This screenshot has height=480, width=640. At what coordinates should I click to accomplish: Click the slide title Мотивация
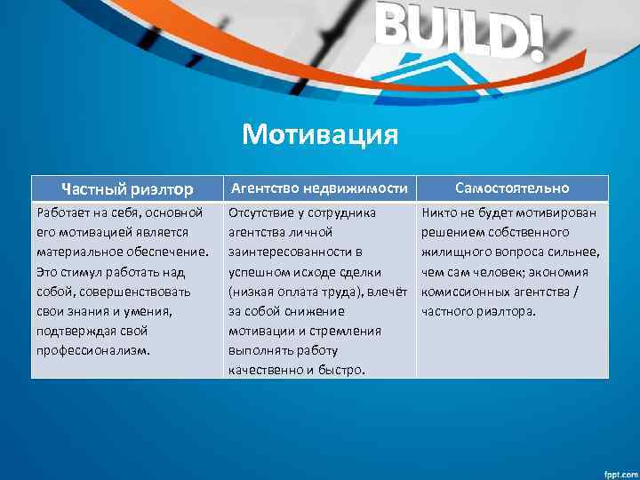point(320,136)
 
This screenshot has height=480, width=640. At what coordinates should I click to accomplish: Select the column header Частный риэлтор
point(126,188)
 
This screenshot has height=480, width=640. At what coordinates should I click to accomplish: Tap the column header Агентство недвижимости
point(319,188)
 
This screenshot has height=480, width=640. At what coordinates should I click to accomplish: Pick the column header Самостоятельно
point(512,188)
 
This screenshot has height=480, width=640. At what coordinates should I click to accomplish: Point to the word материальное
point(79,252)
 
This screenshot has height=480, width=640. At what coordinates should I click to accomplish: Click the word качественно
point(266,370)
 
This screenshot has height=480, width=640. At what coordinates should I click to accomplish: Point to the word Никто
point(441,213)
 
